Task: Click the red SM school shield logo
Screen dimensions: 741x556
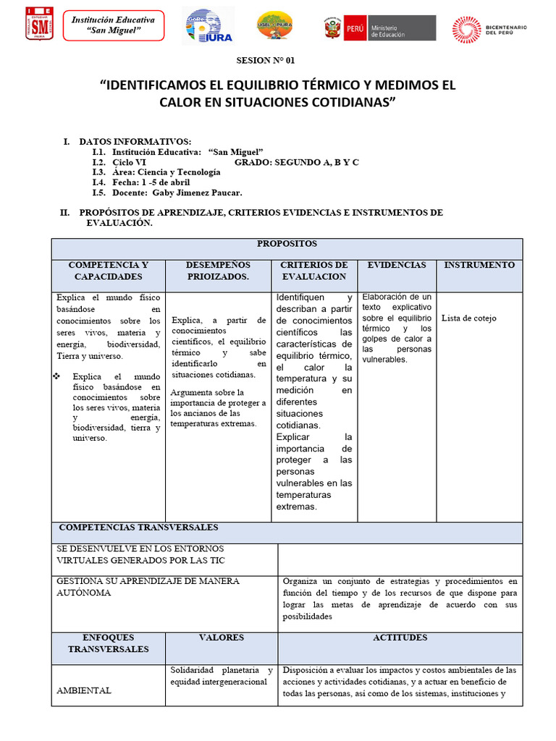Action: (x=39, y=24)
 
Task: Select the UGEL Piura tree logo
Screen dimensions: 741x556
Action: (x=275, y=27)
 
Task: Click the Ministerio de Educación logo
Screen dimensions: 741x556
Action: (x=379, y=28)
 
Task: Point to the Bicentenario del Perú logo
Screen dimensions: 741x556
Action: (x=489, y=28)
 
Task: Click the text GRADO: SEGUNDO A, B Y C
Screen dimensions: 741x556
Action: (x=297, y=162)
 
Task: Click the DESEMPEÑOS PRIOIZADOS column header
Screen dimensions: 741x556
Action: (x=218, y=271)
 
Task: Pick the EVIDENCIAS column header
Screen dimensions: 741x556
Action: (x=397, y=266)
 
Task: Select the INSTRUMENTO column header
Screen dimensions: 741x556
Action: (x=479, y=266)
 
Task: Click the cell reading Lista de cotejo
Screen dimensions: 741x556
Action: (x=469, y=318)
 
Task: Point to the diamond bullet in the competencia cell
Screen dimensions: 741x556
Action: (x=59, y=377)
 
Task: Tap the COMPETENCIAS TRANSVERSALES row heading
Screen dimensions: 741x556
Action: (x=138, y=528)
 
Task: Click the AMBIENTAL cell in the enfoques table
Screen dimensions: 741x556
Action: (x=84, y=690)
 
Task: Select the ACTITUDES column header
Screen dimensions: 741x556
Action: (x=400, y=638)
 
